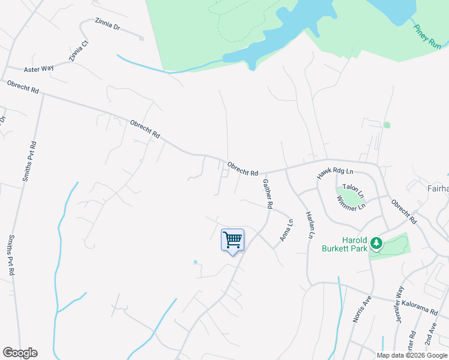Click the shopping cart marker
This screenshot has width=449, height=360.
click(232, 241)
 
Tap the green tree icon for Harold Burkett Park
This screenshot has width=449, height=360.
click(376, 243)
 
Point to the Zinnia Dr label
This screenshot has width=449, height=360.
click(107, 25)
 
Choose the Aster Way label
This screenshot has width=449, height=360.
click(38, 68)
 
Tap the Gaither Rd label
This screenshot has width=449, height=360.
click(267, 193)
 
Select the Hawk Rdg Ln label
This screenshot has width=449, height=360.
click(334, 173)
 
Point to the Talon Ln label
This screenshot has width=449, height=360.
click(353, 191)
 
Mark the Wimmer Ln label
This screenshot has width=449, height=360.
click(352, 206)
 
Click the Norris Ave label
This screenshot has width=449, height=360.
click(359, 310)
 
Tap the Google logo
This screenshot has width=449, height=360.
click(20, 353)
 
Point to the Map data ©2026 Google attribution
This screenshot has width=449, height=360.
click(411, 355)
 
